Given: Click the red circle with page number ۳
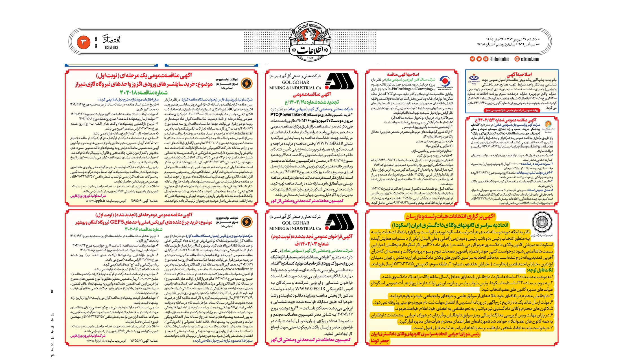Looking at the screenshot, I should (84, 42).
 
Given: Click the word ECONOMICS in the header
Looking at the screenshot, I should (111, 48).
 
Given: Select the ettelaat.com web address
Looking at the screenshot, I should (530, 59).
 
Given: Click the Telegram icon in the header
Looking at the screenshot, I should (472, 59).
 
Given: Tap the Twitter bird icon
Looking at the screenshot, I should (479, 59).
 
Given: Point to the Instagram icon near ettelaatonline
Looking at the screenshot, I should (486, 59).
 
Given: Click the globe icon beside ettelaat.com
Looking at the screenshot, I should (517, 59).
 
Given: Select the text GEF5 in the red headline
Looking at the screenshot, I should (117, 222).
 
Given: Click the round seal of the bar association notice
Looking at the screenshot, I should (541, 223).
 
